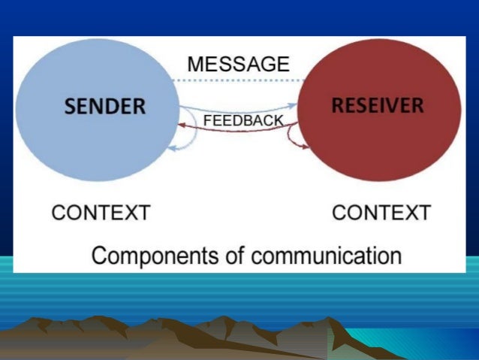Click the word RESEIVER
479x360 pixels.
click(377, 105)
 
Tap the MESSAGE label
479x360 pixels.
click(238, 64)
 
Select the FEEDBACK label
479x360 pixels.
click(243, 120)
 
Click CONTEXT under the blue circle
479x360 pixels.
click(101, 213)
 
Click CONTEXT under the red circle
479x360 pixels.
click(381, 213)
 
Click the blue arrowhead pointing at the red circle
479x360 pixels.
click(293, 107)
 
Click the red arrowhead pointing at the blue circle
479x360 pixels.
click(182, 126)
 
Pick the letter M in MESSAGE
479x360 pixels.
click(195, 64)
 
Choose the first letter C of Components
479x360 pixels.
click(98, 255)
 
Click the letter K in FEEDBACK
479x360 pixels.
click(279, 120)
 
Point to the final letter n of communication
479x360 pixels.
click(396, 256)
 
